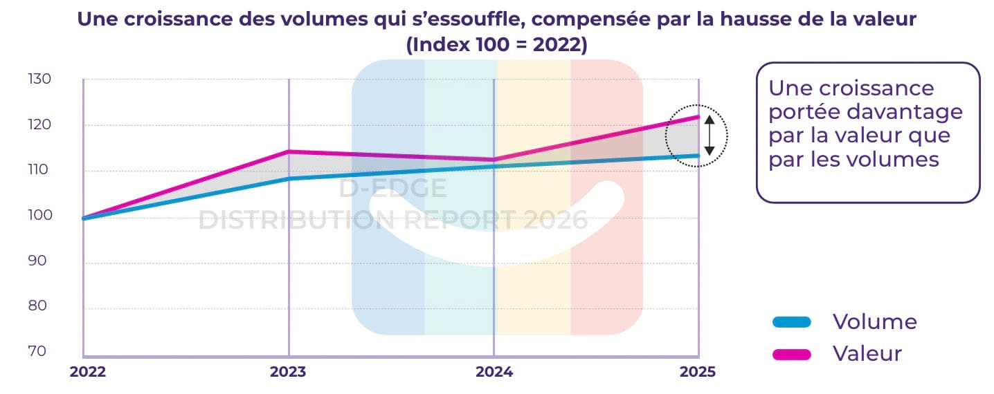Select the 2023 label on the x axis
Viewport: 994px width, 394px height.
coord(288,372)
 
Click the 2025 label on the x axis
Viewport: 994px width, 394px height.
coord(698,372)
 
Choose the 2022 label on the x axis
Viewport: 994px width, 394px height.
coord(88,372)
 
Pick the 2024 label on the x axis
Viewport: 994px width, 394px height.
coord(494,372)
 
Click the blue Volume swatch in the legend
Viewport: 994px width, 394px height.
coord(790,321)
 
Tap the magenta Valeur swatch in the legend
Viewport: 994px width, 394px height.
coord(790,355)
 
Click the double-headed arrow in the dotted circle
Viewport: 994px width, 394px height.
coord(709,135)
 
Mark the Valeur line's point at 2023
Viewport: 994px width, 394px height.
coord(289,151)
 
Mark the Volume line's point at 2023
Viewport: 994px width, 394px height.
coord(289,179)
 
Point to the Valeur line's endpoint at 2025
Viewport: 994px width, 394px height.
coord(698,117)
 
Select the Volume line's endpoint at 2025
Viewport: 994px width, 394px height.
coord(698,156)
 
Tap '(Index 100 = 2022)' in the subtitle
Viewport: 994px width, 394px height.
coord(496,45)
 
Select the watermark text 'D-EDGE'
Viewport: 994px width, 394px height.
coord(392,189)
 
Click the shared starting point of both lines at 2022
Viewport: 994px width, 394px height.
coord(84,218)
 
